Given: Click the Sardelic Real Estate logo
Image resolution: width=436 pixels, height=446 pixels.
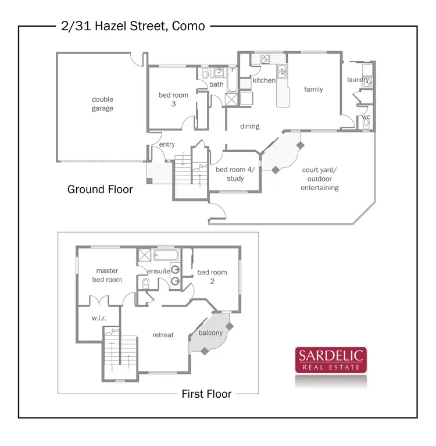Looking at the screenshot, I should (330, 360).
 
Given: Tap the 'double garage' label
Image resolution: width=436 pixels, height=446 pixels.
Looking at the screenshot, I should (102, 104).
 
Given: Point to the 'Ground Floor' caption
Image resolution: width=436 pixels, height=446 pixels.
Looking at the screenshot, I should (100, 190).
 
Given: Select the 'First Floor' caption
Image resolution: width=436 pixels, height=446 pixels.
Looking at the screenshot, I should (206, 394).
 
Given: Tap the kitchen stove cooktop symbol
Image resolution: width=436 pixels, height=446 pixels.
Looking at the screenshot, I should (266, 59).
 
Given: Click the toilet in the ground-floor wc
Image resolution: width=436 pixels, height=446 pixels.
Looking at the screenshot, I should (366, 124).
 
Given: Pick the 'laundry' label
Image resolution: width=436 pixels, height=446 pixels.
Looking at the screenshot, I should (358, 80).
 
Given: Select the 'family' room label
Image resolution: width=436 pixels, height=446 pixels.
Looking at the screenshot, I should (313, 90).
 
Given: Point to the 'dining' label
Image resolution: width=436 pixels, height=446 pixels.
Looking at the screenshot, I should (249, 126).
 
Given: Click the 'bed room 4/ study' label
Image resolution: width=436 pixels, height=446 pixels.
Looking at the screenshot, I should (239, 174).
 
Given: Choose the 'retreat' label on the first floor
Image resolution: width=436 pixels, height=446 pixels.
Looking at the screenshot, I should (163, 335).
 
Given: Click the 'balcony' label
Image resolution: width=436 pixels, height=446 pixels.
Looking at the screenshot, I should (210, 333).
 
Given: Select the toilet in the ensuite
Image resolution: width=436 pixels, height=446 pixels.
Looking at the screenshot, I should (145, 283).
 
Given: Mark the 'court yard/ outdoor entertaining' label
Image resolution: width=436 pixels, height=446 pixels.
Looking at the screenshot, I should (320, 179).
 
